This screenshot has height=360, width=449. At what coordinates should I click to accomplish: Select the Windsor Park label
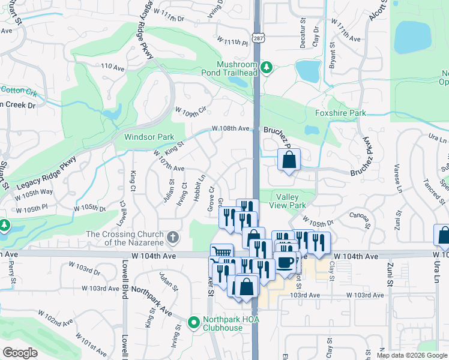tap(149, 137)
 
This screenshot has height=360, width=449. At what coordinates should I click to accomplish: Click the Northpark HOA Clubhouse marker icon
tap(193, 323)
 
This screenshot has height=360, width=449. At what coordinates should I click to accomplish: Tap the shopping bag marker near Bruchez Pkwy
tap(289, 160)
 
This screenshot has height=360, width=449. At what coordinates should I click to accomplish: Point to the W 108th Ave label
tap(230, 128)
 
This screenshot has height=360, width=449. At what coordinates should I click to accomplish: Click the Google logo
tap(20, 353)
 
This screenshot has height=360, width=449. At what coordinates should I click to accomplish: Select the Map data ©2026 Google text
tap(412, 355)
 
